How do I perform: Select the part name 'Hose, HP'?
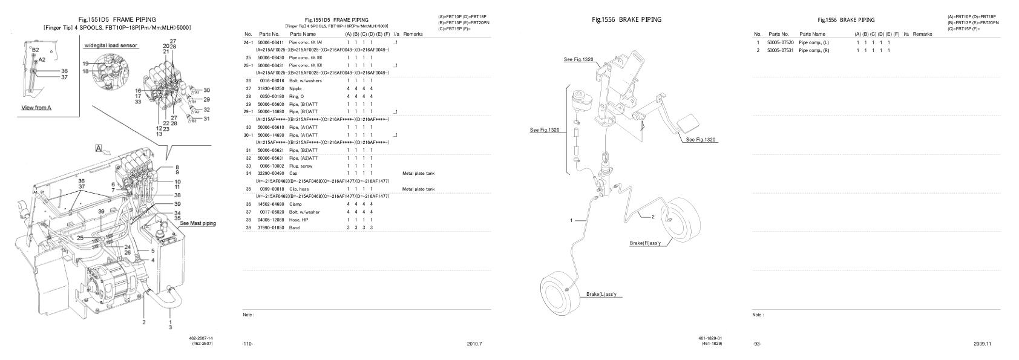click(298, 220)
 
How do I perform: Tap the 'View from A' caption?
click(36, 108)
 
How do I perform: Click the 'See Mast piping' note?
click(197, 223)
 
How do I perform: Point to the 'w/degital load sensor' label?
click(110, 45)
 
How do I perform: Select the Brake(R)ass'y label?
click(649, 243)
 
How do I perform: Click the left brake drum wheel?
click(560, 296)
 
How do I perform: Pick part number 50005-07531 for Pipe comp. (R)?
click(780, 50)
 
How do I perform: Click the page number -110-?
click(247, 344)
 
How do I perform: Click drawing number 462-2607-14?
click(201, 338)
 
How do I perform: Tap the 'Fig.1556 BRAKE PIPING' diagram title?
click(626, 19)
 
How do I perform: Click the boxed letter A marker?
click(98, 148)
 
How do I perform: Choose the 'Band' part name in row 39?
click(294, 227)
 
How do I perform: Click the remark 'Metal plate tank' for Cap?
click(418, 173)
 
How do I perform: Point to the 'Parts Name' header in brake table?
click(812, 34)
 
